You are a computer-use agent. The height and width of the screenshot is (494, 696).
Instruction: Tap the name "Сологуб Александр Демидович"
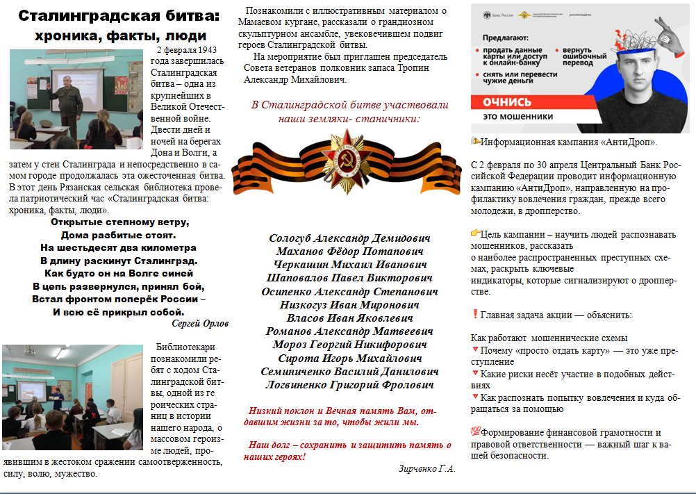(349, 238)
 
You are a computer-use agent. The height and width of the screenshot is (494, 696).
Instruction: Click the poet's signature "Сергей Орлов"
(199, 323)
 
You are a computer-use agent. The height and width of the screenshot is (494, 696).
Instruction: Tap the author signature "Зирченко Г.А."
(426, 468)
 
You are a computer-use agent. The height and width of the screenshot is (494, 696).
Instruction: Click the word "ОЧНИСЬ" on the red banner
(508, 101)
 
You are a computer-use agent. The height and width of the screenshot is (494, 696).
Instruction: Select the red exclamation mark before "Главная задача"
(475, 314)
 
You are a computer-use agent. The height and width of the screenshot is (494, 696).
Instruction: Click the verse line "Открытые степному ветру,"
(119, 222)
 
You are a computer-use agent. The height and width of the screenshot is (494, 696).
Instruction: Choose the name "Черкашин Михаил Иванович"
(349, 265)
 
